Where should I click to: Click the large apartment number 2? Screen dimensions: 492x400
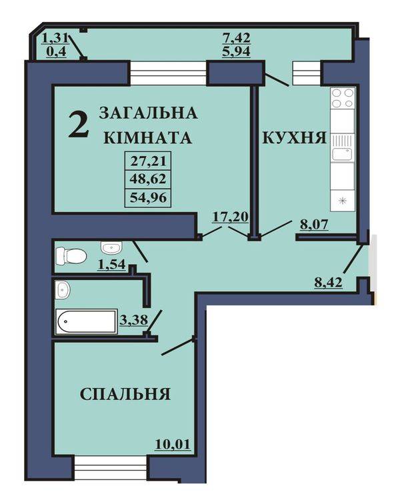click(79, 125)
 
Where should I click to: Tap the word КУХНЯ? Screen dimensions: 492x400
click(294, 138)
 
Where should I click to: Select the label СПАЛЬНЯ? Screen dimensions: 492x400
click(125, 394)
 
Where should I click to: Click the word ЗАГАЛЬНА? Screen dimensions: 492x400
click(148, 113)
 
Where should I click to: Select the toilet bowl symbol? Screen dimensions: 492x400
click(70, 254)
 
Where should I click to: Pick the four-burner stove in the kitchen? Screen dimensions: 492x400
click(343, 99)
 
